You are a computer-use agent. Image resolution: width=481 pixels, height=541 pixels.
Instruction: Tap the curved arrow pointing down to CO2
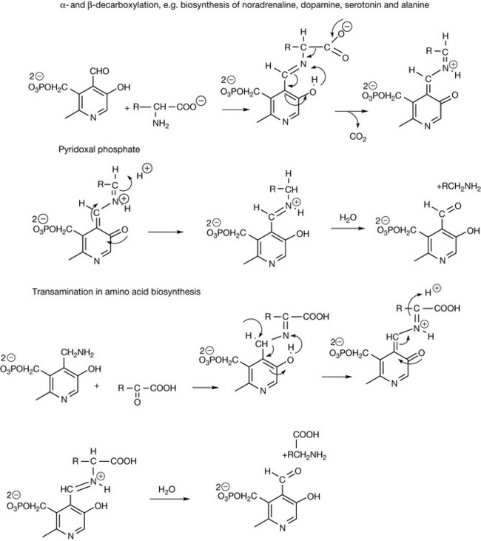(x=348, y=118)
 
